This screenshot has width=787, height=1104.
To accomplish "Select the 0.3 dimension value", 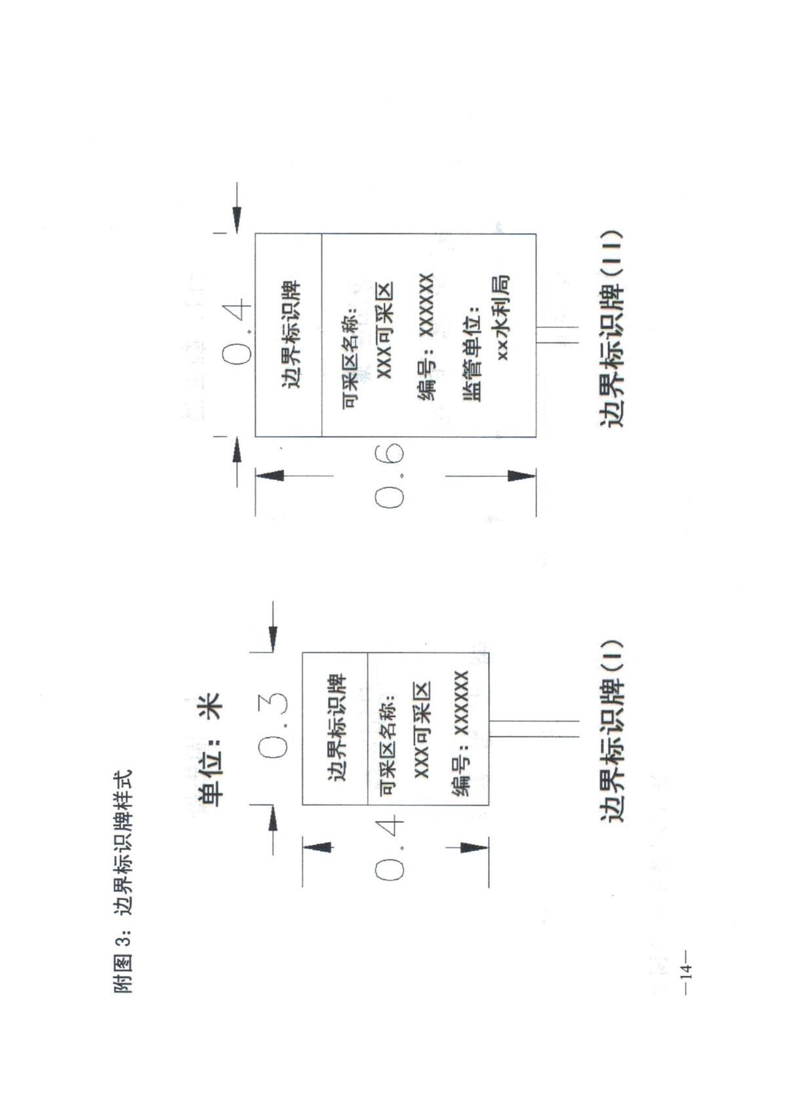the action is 272,727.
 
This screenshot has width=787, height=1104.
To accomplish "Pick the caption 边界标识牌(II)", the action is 611,328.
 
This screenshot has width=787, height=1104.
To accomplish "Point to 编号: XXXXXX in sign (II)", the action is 425,337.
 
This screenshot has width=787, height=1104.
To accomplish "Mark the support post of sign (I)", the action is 534,729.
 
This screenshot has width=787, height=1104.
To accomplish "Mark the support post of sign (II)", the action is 557,334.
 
